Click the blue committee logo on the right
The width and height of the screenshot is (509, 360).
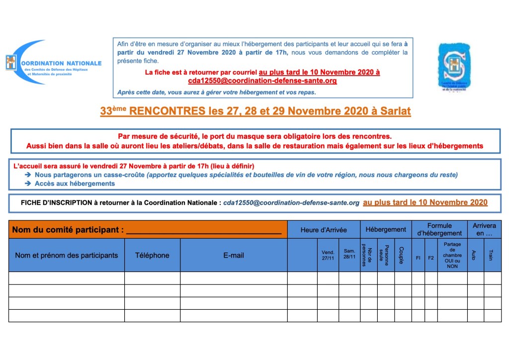[x=453, y=67]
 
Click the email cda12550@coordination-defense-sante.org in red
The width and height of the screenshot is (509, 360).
[x=262, y=80]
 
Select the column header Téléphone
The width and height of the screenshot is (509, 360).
[x=152, y=255]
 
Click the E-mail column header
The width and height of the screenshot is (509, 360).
[x=234, y=255]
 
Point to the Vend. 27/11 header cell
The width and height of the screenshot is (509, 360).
[x=328, y=255]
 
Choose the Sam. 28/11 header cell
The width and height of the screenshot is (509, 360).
[x=349, y=255]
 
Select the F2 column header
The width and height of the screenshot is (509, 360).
[x=431, y=258]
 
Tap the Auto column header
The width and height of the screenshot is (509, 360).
[x=475, y=255]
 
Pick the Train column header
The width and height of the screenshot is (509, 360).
[x=492, y=255]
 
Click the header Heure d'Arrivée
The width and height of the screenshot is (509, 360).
[x=324, y=230]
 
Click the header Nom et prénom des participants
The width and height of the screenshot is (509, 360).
[x=67, y=255]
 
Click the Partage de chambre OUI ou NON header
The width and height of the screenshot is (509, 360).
[x=452, y=255]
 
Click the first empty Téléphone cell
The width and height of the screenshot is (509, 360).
[x=152, y=277]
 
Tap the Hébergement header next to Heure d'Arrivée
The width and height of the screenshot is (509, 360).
[x=386, y=230]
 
